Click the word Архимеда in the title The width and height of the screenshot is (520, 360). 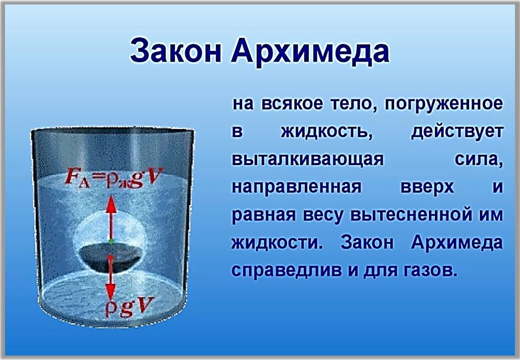click(x=310, y=51)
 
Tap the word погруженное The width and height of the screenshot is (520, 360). click(x=443, y=104)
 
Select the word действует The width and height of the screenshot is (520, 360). click(x=457, y=132)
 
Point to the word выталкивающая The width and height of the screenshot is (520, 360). click(x=308, y=160)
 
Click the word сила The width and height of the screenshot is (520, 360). click(x=478, y=160)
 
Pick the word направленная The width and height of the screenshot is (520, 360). click(x=297, y=187)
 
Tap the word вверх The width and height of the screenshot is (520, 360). click(x=427, y=187)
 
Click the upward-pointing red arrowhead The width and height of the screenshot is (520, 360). click(x=111, y=205)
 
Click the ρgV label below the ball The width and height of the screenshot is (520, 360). click(x=130, y=307)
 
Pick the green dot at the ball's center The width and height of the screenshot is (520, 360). click(x=111, y=241)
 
